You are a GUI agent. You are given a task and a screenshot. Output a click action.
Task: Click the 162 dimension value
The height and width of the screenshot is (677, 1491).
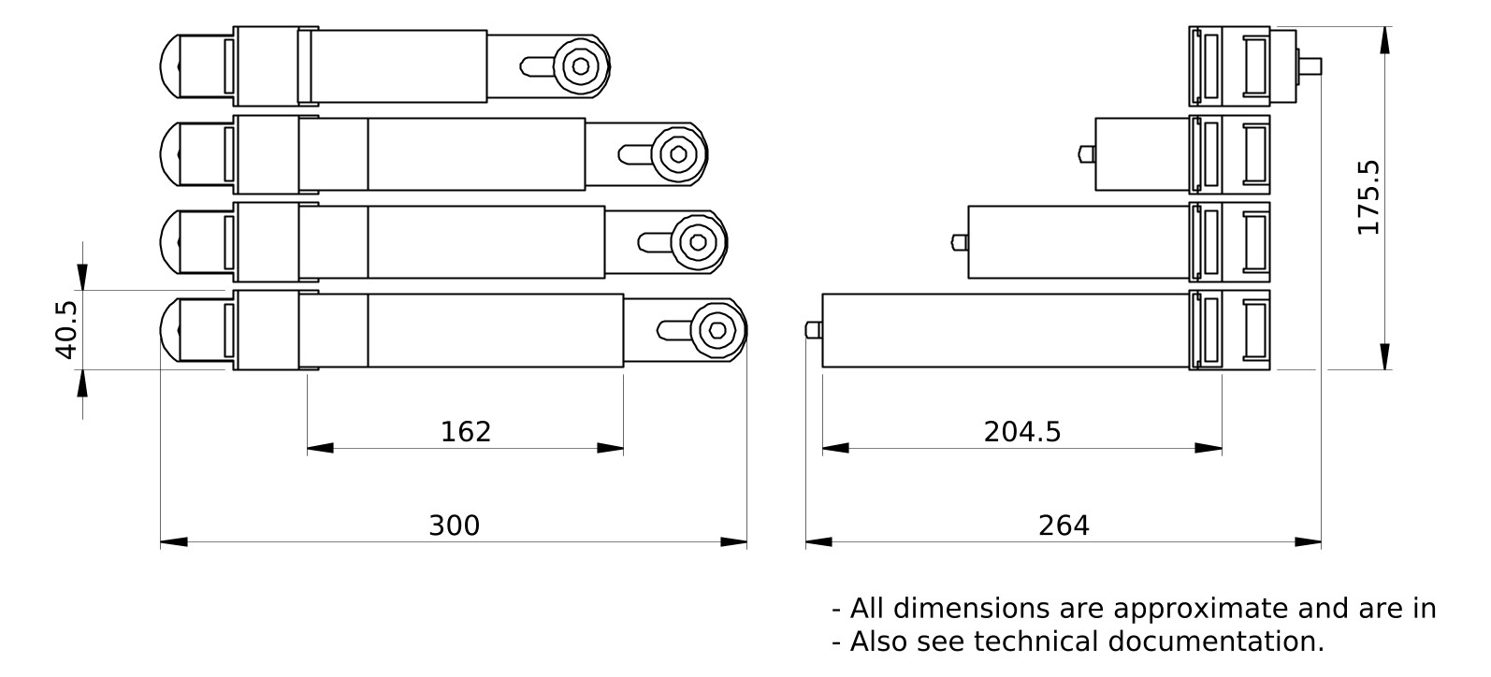(x=466, y=432)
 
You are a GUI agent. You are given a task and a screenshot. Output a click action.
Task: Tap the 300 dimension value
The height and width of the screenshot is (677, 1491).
(x=454, y=526)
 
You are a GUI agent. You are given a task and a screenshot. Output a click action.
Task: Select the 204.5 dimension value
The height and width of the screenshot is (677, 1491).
(x=1022, y=432)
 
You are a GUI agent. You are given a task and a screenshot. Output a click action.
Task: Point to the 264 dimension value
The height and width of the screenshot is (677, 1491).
(x=1064, y=526)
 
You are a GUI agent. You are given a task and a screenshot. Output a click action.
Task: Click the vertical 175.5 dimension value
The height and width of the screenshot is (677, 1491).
(x=1368, y=197)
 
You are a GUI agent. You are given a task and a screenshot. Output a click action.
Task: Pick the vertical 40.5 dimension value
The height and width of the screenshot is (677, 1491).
(x=65, y=329)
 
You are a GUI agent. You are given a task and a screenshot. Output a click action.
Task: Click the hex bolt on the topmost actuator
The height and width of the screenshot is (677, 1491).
(x=581, y=66)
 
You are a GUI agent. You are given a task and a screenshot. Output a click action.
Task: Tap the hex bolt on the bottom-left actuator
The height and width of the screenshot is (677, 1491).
(x=717, y=330)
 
